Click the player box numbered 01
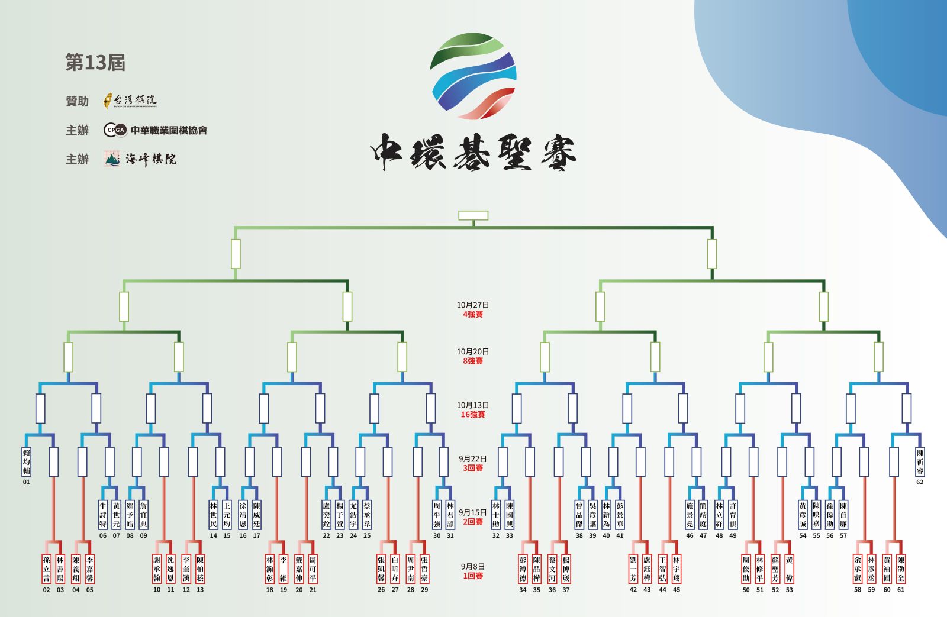pyautogui.click(x=26, y=462)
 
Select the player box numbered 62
pyautogui.click(x=920, y=462)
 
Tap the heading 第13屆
pyautogui.click(x=95, y=63)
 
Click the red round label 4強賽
pyautogui.click(x=473, y=315)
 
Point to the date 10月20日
pyautogui.click(x=473, y=351)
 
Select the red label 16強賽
pyautogui.click(x=473, y=415)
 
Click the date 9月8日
pyautogui.click(x=473, y=566)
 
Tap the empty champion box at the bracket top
pyautogui.click(x=473, y=215)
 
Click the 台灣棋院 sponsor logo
pyautogui.click(x=130, y=101)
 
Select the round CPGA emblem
pyautogui.click(x=115, y=130)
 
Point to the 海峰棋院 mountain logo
pyautogui.click(x=112, y=159)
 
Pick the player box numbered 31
pyautogui.click(x=450, y=515)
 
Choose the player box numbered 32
pyautogui.click(x=496, y=515)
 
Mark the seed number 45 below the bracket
pyautogui.click(x=677, y=590)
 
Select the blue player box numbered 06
pyautogui.click(x=103, y=515)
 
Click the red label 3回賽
pyautogui.click(x=473, y=468)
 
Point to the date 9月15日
pyautogui.click(x=473, y=512)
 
